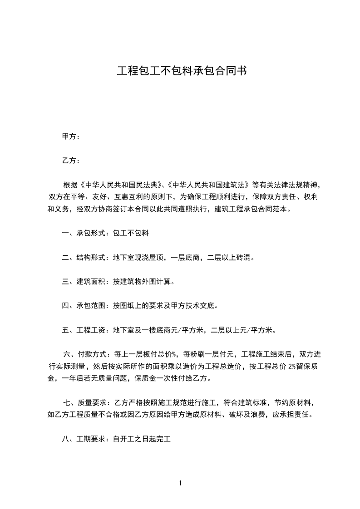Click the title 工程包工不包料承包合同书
click(182, 71)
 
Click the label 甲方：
click(71, 137)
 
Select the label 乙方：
click(71, 161)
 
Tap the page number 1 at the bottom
click(180, 483)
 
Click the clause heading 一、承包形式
click(84, 234)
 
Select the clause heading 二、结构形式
click(84, 258)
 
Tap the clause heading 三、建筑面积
click(84, 282)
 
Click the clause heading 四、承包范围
click(84, 306)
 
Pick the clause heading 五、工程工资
click(84, 330)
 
